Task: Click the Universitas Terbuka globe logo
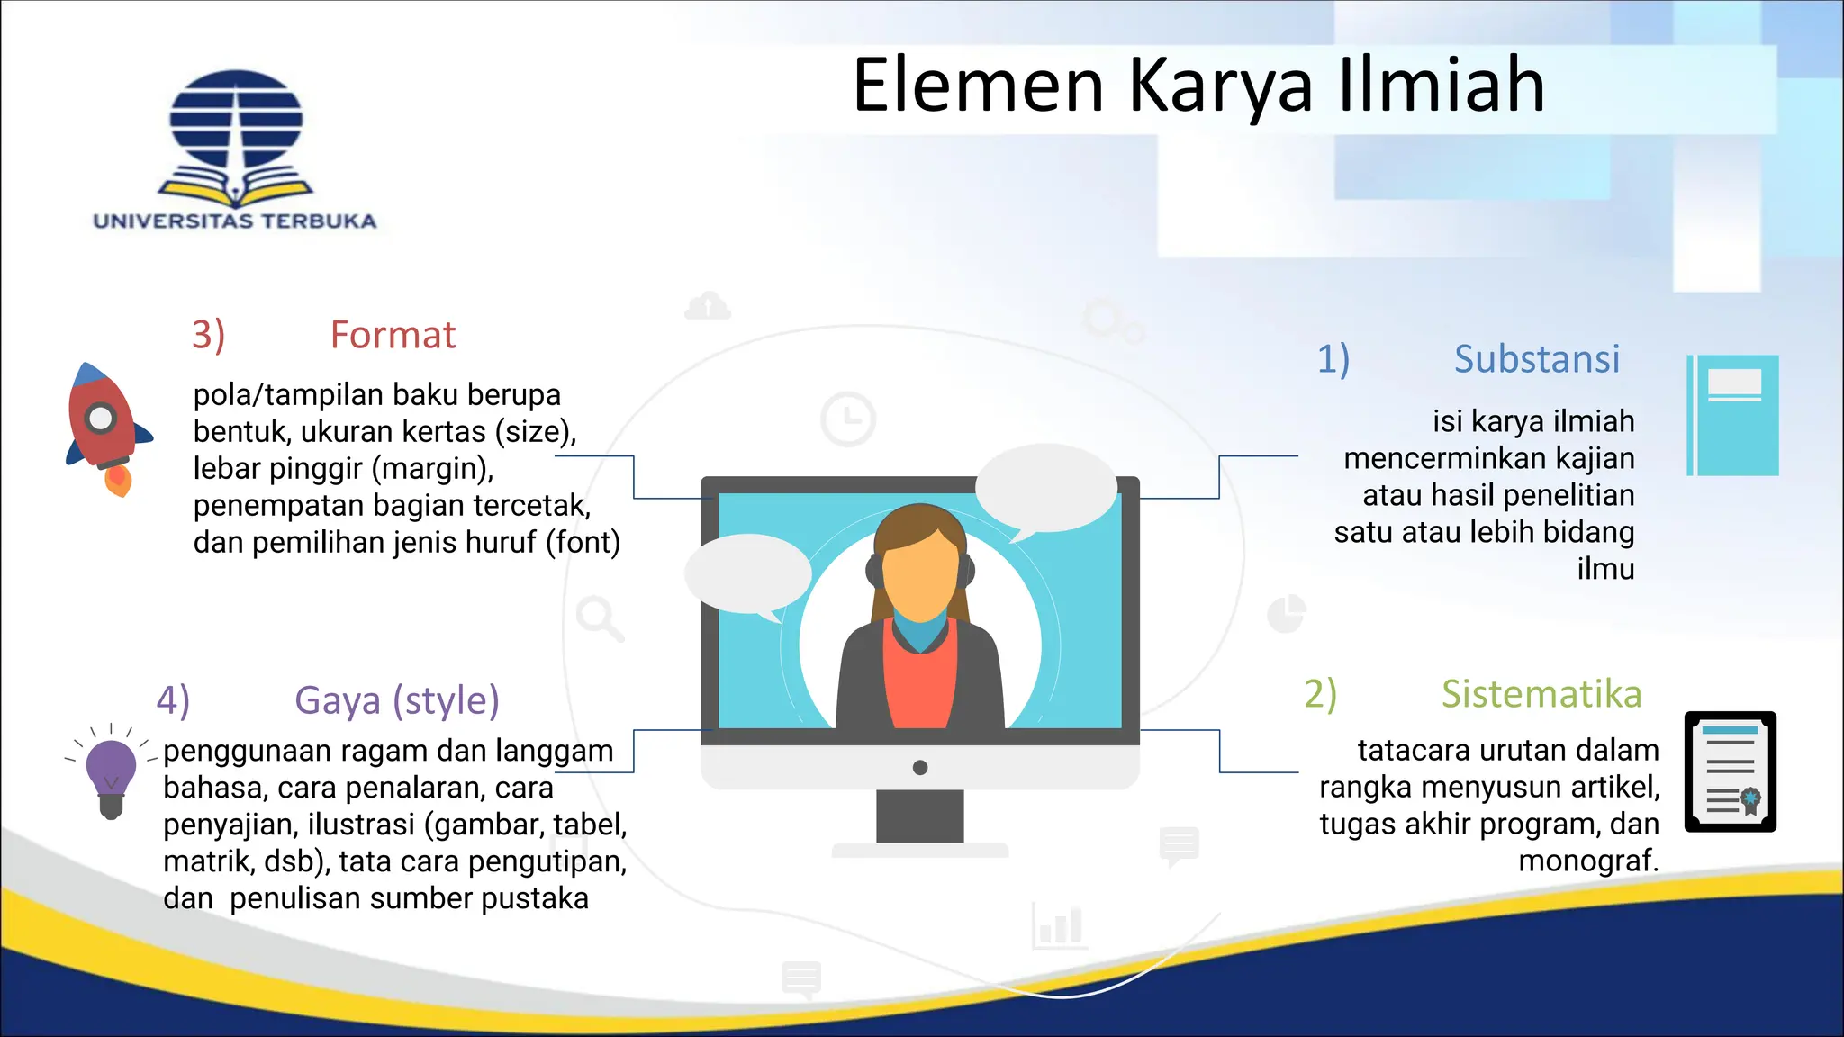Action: [x=236, y=135]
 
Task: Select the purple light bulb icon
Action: [x=111, y=774]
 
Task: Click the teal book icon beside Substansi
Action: [x=1732, y=415]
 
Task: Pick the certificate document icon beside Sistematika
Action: [x=1730, y=771]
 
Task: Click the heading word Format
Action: [x=393, y=335]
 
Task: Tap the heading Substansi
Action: [x=1536, y=359]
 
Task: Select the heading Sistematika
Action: [x=1541, y=694]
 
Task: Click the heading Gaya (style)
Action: [x=396, y=700]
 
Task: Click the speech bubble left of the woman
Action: [x=747, y=574]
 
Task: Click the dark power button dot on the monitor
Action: [x=919, y=768]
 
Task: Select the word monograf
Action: [x=1587, y=861]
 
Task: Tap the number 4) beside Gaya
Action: [x=173, y=700]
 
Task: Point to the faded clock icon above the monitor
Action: [x=847, y=419]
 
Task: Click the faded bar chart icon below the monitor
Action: [x=1059, y=925]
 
